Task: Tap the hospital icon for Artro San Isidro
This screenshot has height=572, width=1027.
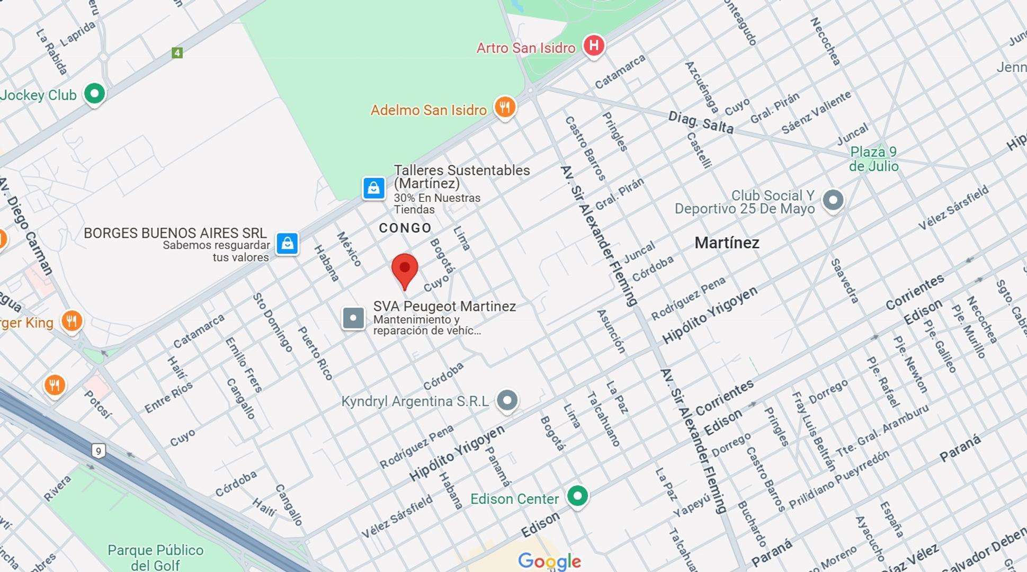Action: pyautogui.click(x=594, y=46)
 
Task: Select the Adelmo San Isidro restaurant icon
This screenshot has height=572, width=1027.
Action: pyautogui.click(x=505, y=108)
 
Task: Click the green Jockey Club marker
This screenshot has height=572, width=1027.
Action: pyautogui.click(x=95, y=94)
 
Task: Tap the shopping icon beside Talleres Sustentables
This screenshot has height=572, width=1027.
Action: pyautogui.click(x=373, y=188)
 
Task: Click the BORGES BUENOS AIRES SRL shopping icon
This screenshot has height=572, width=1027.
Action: pyautogui.click(x=287, y=244)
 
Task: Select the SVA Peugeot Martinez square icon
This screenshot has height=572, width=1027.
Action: pyautogui.click(x=353, y=318)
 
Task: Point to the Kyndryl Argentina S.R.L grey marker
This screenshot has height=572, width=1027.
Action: pyautogui.click(x=507, y=400)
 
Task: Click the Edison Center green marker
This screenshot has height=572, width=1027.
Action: pyautogui.click(x=577, y=497)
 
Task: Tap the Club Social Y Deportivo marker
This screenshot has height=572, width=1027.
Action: pyautogui.click(x=833, y=201)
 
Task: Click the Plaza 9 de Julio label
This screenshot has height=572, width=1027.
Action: pyautogui.click(x=873, y=159)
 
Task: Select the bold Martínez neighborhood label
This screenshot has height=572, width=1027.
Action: pyautogui.click(x=727, y=243)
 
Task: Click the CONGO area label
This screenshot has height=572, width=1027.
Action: pyautogui.click(x=405, y=228)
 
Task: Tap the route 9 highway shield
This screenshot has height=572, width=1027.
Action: pyautogui.click(x=98, y=451)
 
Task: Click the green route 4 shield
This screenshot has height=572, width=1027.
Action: pyautogui.click(x=177, y=53)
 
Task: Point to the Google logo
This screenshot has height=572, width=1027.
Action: pyautogui.click(x=549, y=561)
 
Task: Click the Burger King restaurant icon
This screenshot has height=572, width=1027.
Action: pyautogui.click(x=72, y=321)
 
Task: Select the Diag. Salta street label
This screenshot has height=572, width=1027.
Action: pyautogui.click(x=700, y=123)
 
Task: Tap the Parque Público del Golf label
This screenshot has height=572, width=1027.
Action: pyautogui.click(x=155, y=557)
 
